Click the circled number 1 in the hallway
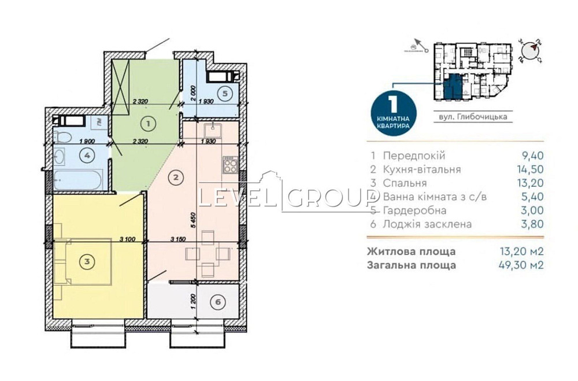pos(148,123)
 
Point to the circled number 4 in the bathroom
pos(87,155)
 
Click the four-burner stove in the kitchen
pos(229,165)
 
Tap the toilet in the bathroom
pos(63,137)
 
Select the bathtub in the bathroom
pos(78,179)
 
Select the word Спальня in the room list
pos(402,183)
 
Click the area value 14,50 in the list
pos(531,169)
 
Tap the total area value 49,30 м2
pos(521,265)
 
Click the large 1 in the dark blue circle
pos(392,105)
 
